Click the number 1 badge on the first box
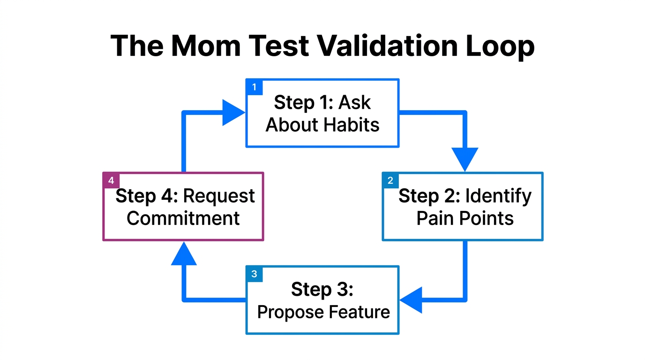coord(255,87)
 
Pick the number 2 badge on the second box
coord(390,180)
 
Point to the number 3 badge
coord(255,274)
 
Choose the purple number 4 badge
coord(111,180)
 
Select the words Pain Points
coord(465,218)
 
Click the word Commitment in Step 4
coord(183,218)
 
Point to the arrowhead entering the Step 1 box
coord(233,112)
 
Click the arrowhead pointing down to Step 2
coord(465,158)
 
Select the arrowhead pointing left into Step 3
coord(412,300)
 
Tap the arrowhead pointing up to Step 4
coord(183,254)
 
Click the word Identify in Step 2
coord(498,196)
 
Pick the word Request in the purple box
coord(219,196)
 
